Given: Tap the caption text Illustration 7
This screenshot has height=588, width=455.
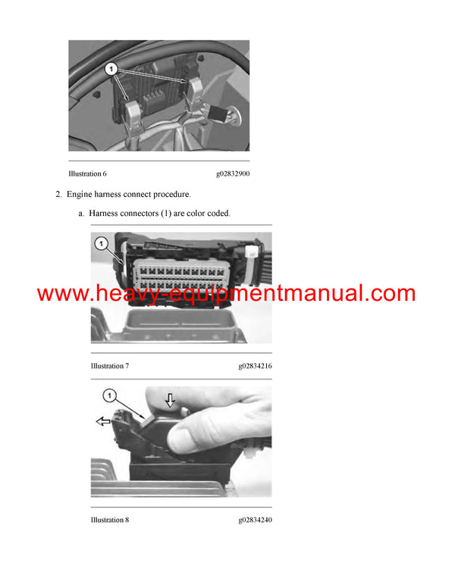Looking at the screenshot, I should coord(109,366).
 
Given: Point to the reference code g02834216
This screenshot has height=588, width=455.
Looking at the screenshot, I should coord(255,366).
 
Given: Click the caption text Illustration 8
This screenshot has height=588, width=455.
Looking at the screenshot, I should coord(109,520).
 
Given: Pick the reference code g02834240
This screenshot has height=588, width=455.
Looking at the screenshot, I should coord(255,520).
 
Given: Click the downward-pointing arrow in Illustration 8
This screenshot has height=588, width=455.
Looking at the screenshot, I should coord(171,402).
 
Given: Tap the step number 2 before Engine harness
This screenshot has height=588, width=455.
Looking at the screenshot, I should coord(58,195).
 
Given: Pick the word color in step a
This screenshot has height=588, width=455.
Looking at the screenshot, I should coord(188,214).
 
